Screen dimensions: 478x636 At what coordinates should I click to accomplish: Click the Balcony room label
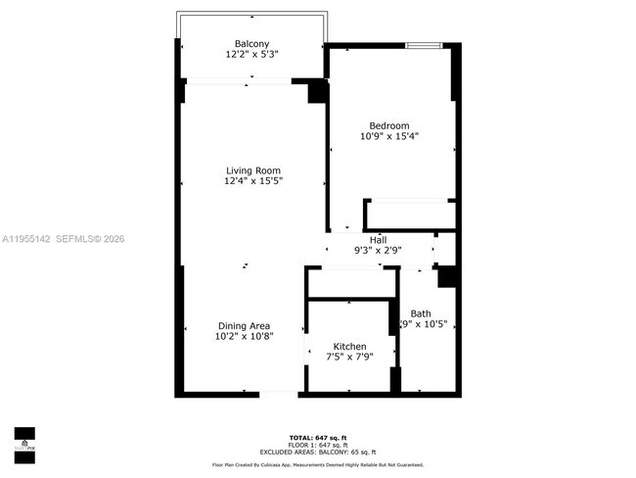point(251,43)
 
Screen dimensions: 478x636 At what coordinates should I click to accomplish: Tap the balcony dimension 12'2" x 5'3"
point(251,55)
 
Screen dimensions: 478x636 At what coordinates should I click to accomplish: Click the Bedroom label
point(388,124)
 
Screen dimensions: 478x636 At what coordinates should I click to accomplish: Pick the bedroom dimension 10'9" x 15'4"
point(388,136)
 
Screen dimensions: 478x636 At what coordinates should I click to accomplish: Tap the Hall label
point(377,240)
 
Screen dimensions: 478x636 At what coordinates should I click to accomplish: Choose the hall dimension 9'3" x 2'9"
point(377,251)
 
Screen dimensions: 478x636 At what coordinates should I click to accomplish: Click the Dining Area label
point(244,325)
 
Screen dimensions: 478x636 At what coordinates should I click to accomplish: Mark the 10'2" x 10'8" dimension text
point(244,336)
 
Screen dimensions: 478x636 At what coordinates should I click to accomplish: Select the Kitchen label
point(349,347)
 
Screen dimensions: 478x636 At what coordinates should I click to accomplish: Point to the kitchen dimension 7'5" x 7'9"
point(349,358)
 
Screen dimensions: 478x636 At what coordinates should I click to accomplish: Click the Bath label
point(421,313)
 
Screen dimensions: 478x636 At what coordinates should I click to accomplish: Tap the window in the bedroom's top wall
point(423,45)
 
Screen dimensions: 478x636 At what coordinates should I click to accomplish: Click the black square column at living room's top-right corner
point(317,92)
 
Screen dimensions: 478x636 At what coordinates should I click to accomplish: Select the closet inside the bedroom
point(409,215)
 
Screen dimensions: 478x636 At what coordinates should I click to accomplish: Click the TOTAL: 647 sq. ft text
point(317,436)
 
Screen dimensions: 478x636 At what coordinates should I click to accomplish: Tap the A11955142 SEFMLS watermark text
point(64,238)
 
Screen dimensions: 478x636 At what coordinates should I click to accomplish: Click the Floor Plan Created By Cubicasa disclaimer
point(317,464)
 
